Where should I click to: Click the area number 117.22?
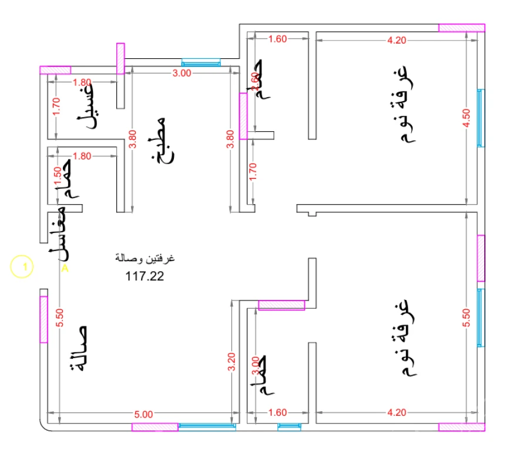pyautogui.click(x=145, y=275)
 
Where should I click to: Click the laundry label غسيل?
pyautogui.click(x=88, y=106)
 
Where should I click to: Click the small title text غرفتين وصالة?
pyautogui.click(x=145, y=259)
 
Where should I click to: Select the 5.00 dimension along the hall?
pyautogui.click(x=143, y=414)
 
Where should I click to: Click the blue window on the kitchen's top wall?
pyautogui.click(x=200, y=62)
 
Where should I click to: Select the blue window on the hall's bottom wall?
pyautogui.click(x=207, y=427)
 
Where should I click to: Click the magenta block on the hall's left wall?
pyautogui.click(x=43, y=319)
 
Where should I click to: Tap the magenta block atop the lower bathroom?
pyautogui.click(x=281, y=305)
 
